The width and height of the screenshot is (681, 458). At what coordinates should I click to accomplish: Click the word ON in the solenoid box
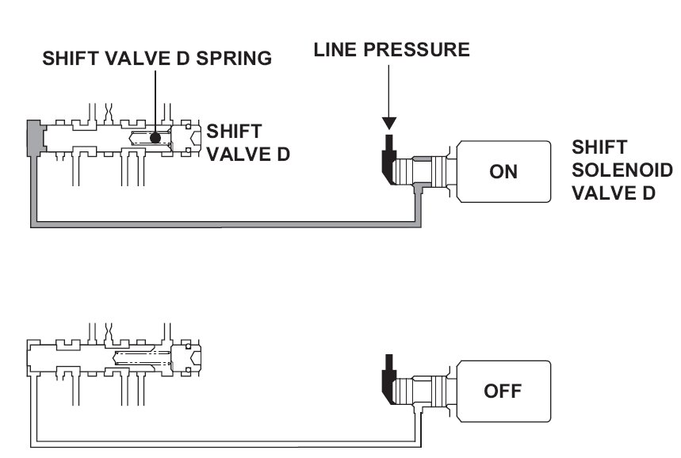[x=503, y=172]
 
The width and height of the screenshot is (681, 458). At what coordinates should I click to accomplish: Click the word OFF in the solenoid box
[x=503, y=391]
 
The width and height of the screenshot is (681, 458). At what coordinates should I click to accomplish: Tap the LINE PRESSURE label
[x=392, y=49]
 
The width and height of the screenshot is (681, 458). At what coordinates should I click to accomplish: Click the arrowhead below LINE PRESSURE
[x=388, y=124]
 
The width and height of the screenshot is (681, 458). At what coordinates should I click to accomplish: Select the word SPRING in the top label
[x=234, y=58]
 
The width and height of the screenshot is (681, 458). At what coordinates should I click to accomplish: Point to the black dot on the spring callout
[x=155, y=138]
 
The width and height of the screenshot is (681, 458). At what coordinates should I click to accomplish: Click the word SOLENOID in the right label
[x=622, y=170]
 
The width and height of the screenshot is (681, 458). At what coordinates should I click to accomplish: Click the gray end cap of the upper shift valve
[x=36, y=138]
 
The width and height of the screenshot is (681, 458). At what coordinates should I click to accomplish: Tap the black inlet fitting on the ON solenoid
[x=388, y=159]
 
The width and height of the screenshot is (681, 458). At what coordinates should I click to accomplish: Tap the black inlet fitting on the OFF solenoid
[x=388, y=379]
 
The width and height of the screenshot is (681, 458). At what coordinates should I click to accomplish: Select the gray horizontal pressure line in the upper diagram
[x=226, y=224]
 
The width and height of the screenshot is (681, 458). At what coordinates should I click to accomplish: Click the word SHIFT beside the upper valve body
[x=234, y=131]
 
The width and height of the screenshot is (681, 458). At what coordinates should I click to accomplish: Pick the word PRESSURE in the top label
[x=416, y=49]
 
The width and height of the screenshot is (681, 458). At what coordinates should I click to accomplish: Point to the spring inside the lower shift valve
[x=141, y=357]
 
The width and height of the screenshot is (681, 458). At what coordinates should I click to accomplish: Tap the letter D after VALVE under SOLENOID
[x=648, y=193]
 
